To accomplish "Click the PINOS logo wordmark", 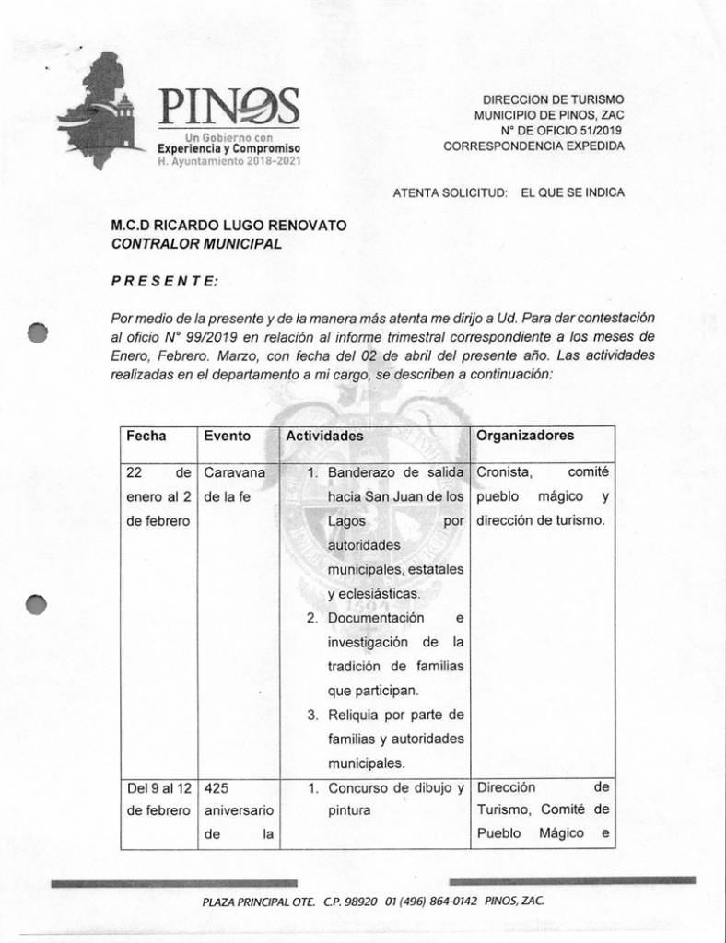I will point(228,108).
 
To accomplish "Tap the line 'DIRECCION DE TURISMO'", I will point(553,99).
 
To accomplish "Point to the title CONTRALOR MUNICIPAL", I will point(196,244).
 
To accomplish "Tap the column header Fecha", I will point(146,436).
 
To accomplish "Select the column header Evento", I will point(228,436).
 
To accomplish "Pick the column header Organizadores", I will point(525,436).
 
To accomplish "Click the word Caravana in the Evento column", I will point(234,472).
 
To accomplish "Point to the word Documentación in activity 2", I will point(376,618).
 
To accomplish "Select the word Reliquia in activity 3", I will point(359,715).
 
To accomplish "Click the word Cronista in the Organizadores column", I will point(504,472).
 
